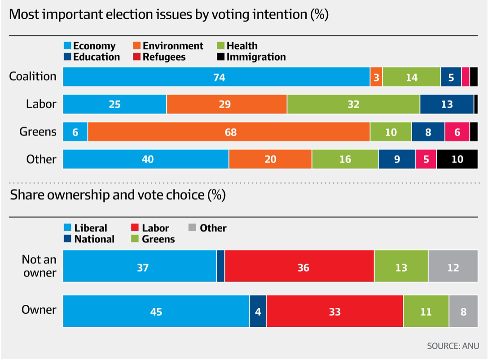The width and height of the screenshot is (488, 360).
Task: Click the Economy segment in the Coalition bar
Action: tap(216, 77)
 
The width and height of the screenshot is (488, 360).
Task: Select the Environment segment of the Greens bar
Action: tap(229, 132)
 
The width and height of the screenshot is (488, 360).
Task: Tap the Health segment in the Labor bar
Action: tap(353, 105)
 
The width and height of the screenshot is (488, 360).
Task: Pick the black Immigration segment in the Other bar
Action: tap(457, 159)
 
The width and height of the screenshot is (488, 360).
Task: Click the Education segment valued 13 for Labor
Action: tap(447, 105)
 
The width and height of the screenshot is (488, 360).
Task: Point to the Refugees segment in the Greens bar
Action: tap(457, 132)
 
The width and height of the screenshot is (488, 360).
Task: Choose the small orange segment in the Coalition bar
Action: tap(376, 77)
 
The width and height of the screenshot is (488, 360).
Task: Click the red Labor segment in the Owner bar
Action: tap(334, 311)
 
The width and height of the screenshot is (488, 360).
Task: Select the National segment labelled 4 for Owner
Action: tap(258, 311)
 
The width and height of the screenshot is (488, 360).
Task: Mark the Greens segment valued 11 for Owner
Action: tap(426, 311)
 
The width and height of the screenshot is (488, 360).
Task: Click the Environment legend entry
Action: tap(168, 46)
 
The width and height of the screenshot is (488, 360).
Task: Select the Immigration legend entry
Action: tap(251, 57)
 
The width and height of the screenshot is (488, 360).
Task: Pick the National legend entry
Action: tap(89, 239)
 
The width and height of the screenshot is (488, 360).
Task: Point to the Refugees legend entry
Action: tap(159, 57)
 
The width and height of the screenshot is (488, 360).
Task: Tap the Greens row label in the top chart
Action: tap(38, 132)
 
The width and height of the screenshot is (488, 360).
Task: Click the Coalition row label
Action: tap(33, 76)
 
